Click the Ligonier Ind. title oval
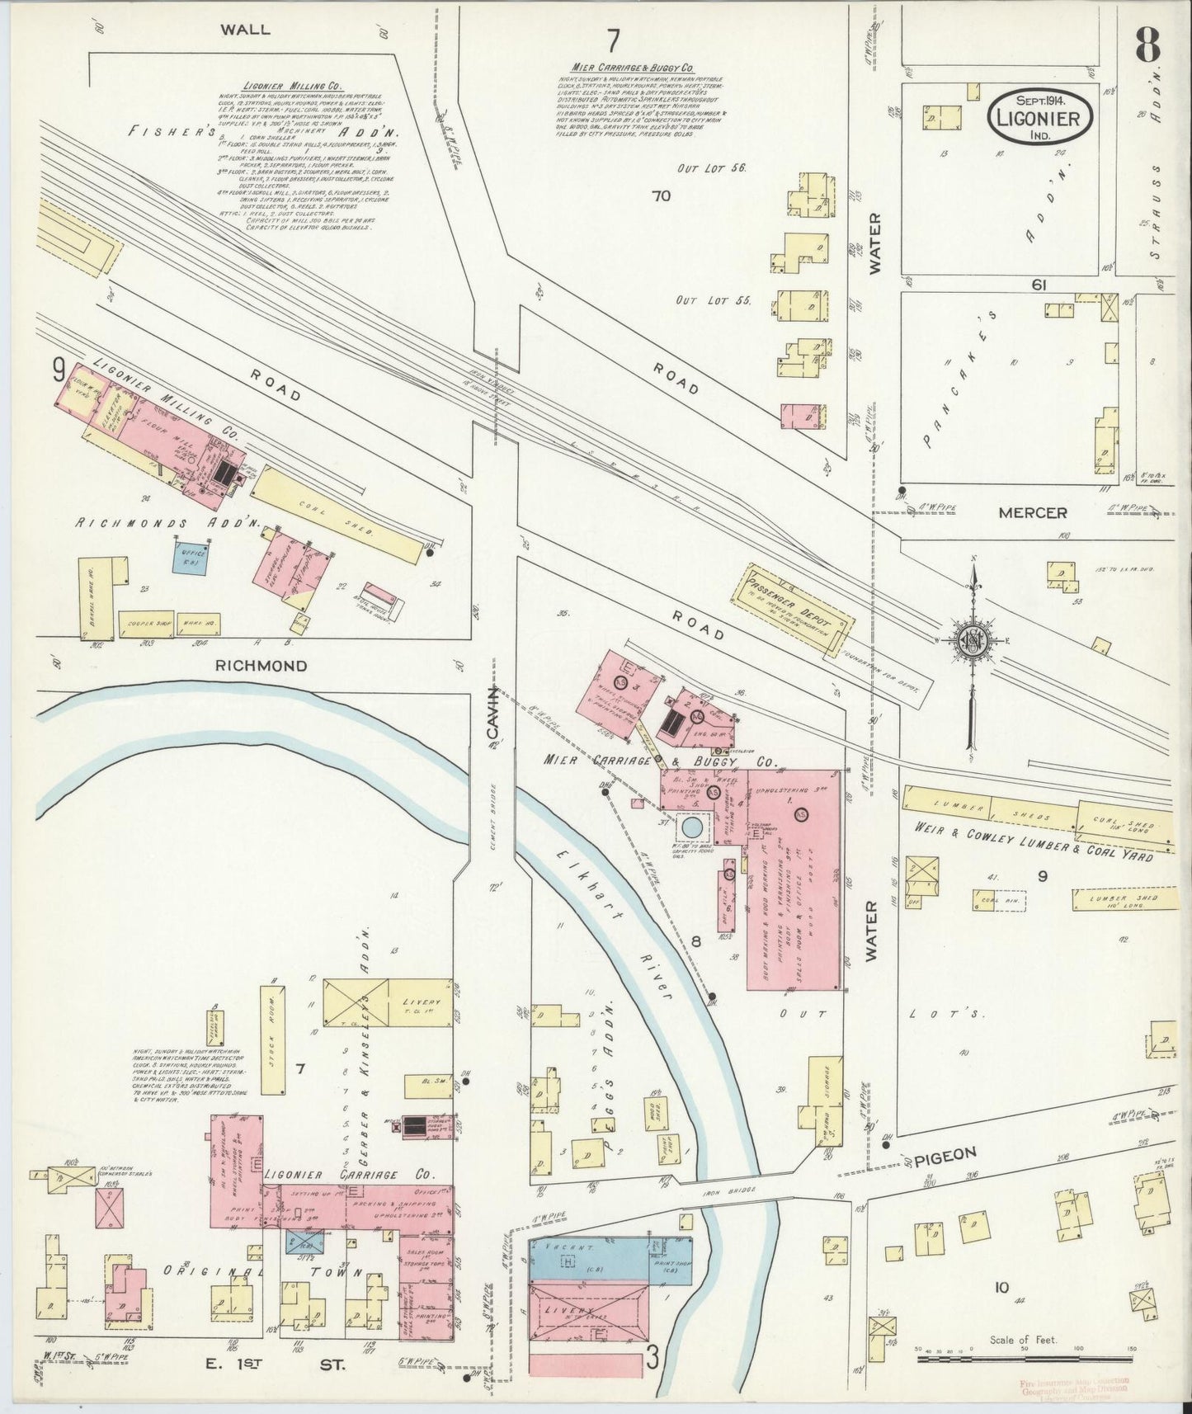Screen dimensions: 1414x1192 [1040, 116]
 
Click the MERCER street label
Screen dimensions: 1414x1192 [1033, 513]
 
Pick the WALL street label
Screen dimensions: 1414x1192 [245, 29]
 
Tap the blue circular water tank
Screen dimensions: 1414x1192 [692, 826]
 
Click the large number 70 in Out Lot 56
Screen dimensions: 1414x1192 [661, 196]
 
